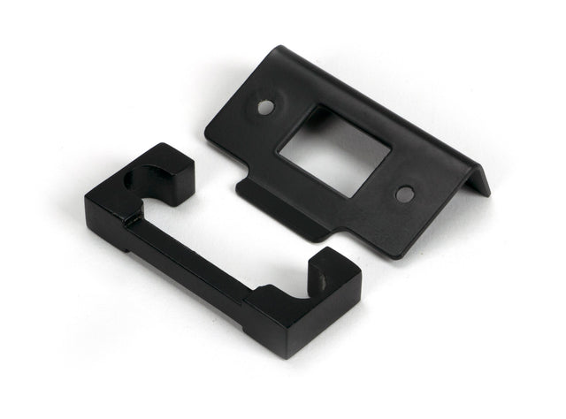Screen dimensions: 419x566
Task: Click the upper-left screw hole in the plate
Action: click(x=265, y=106)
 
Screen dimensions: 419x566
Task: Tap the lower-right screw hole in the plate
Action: click(x=404, y=194)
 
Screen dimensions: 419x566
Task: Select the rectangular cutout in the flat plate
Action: click(x=333, y=151)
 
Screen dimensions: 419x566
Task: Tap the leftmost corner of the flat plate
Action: click(x=210, y=133)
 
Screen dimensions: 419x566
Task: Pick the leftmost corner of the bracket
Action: click(x=87, y=208)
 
